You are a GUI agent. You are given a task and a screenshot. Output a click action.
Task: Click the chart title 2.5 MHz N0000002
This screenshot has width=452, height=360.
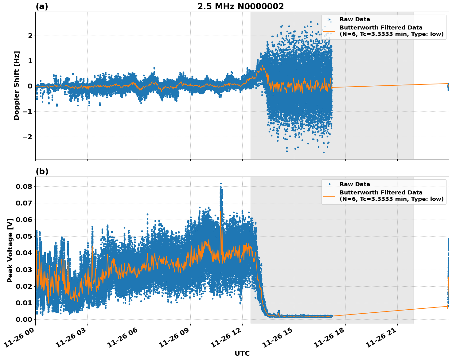[x=240, y=6]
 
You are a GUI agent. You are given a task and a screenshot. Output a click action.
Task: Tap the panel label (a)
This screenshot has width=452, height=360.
[x=42, y=6]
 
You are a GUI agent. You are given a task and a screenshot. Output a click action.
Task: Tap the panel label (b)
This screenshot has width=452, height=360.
[x=42, y=171]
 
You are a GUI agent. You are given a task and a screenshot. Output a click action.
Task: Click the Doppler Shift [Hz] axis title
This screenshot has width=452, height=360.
[x=17, y=85]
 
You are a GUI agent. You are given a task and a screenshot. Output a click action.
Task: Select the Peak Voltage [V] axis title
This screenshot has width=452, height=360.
[x=10, y=250]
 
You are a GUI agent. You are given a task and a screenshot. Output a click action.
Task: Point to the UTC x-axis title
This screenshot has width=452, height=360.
[x=242, y=353]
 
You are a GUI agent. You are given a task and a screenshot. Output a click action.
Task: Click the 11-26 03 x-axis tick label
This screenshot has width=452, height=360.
[x=72, y=339]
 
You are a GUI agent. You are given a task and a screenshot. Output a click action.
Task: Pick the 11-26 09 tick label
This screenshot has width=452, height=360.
[x=176, y=339]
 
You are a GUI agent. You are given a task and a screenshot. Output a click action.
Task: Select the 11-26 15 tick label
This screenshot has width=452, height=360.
[x=279, y=339]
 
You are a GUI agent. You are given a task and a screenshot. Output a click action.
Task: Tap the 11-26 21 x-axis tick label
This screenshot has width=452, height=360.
[x=383, y=339]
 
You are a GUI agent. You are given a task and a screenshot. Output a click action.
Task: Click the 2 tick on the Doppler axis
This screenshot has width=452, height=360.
[x=30, y=36]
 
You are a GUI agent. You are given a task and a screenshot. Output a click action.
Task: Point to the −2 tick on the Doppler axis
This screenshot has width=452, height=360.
[x=28, y=137]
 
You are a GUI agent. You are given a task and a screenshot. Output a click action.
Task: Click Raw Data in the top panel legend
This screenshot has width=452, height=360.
[x=355, y=19]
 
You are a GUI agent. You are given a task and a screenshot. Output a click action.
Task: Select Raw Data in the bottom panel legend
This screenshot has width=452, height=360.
[x=355, y=184]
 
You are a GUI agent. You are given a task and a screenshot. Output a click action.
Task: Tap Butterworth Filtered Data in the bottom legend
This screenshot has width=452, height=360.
[x=381, y=193]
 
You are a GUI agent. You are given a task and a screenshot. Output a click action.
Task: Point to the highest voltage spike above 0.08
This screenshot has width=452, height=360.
[x=221, y=184]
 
